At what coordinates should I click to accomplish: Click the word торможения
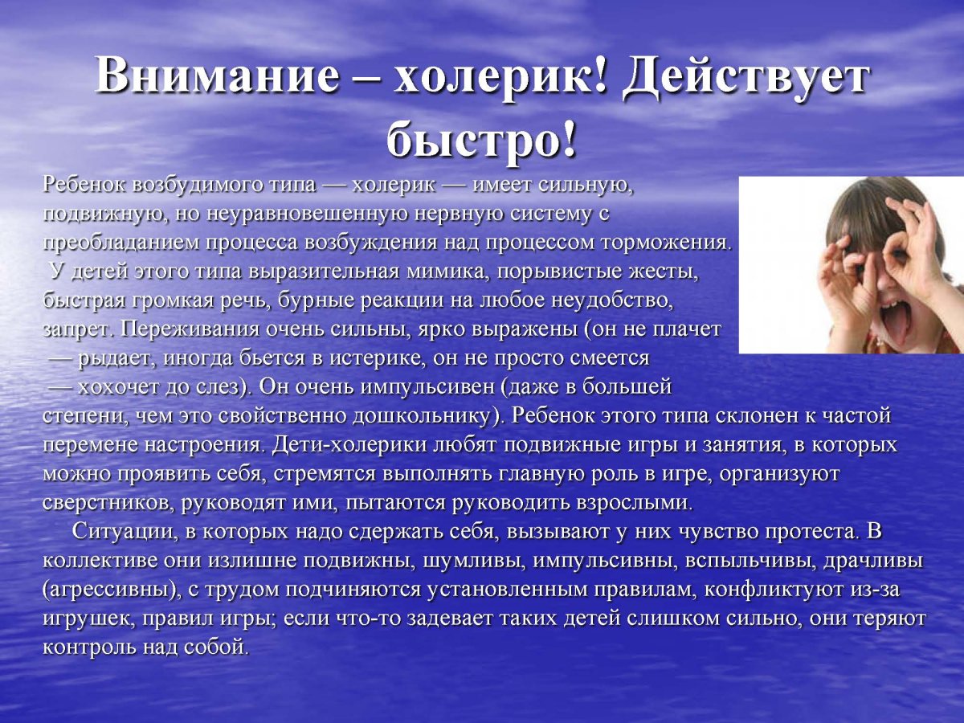[x=671, y=242]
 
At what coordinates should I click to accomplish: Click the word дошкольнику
[x=419, y=416]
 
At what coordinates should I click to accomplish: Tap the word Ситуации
[x=121, y=532]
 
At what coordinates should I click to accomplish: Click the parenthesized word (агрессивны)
[x=104, y=590]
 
